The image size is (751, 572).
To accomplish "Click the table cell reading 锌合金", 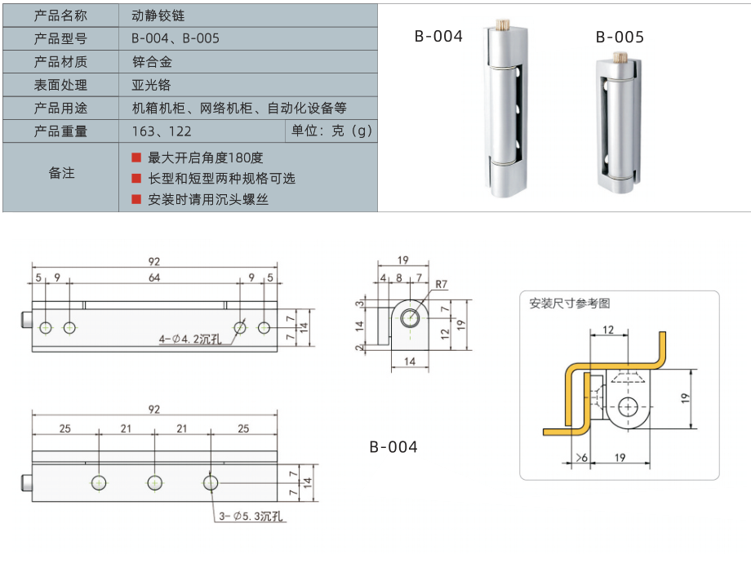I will pyautogui.click(x=152, y=61).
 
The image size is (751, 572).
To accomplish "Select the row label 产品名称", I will pyautogui.click(x=61, y=15).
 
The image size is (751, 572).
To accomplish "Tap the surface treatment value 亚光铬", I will pyautogui.click(x=152, y=85).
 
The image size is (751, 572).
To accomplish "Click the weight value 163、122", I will pyautogui.click(x=162, y=131).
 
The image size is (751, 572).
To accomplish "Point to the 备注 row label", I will pyautogui.click(x=61, y=173).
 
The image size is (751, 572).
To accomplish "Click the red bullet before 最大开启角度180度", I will pyautogui.click(x=136, y=157).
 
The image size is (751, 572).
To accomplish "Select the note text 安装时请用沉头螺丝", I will pyautogui.click(x=208, y=199).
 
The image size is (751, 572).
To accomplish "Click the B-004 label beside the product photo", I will pyautogui.click(x=438, y=36).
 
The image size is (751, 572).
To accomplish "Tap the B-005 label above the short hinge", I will pyautogui.click(x=620, y=37).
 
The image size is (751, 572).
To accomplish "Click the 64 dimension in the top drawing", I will pyautogui.click(x=154, y=278).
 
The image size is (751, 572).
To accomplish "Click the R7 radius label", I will pyautogui.click(x=442, y=284).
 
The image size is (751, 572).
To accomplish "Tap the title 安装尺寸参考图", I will pyautogui.click(x=570, y=304).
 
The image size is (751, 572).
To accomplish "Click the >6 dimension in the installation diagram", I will pyautogui.click(x=581, y=457).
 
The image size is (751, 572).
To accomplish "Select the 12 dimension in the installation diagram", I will pyautogui.click(x=608, y=330).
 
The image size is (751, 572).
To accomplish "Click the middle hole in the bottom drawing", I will pyautogui.click(x=154, y=482).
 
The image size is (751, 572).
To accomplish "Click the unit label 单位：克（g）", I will pyautogui.click(x=331, y=131).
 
